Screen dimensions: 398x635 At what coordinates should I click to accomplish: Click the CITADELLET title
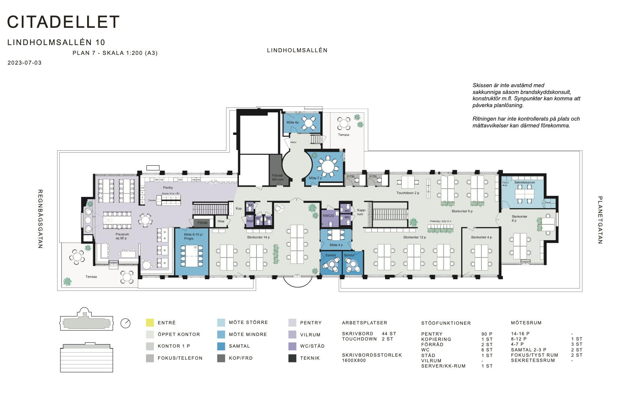pyautogui.click(x=63, y=22)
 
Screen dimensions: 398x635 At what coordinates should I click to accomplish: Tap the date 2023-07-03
pyautogui.click(x=24, y=63)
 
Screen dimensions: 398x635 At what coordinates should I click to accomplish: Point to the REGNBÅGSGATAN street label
pyautogui.click(x=40, y=219)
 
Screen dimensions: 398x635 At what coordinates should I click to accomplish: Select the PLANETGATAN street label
pyautogui.click(x=600, y=220)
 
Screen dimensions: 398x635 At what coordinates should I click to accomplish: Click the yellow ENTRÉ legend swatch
pyautogui.click(x=150, y=322)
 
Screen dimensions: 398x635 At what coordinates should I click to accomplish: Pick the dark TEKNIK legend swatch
pyautogui.click(x=293, y=358)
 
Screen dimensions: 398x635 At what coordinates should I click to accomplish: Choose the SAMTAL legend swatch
pyautogui.click(x=221, y=346)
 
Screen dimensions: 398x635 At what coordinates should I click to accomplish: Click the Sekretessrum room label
pyautogui.click(x=524, y=182)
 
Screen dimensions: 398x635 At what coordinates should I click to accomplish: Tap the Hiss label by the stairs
pyautogui.click(x=221, y=221)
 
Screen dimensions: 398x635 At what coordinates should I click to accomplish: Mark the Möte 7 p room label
pyautogui.click(x=315, y=178)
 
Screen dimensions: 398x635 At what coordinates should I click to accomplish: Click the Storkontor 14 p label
pyautogui.click(x=258, y=238)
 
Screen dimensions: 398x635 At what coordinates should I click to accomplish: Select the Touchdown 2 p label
pyautogui.click(x=407, y=193)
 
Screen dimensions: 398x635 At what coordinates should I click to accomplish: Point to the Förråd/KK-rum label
pyautogui.click(x=278, y=177)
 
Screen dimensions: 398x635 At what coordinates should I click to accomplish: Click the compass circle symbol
pyautogui.click(x=125, y=323)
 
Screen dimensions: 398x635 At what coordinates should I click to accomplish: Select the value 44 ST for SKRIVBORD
pyautogui.click(x=389, y=334)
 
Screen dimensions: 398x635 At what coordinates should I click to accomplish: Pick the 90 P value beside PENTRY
pyautogui.click(x=487, y=334)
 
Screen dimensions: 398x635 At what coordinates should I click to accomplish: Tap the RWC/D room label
pyautogui.click(x=328, y=216)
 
